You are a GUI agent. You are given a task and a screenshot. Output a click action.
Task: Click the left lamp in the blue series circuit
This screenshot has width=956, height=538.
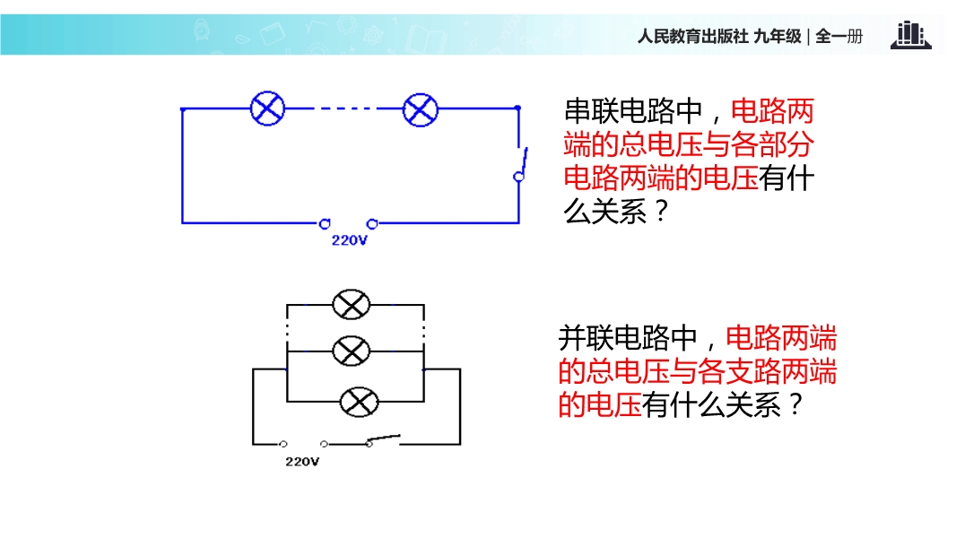coord(267,109)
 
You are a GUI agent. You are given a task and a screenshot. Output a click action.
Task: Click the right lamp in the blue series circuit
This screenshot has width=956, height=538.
coord(421,109)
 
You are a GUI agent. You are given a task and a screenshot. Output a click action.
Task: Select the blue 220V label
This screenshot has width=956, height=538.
coord(350,240)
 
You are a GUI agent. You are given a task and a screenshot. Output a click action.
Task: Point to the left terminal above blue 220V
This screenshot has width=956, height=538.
coord(325,224)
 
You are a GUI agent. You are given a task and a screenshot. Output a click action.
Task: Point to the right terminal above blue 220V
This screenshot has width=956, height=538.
coord(372,224)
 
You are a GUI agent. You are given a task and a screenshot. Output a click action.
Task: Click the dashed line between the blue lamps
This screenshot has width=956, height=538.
coord(344,109)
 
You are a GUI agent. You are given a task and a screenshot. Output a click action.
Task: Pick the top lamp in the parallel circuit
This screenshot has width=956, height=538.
coord(352,304)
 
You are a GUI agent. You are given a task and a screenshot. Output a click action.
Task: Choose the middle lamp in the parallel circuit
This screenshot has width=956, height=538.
coord(352,351)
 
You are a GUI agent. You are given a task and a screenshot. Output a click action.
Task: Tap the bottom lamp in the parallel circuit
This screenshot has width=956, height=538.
coord(359,402)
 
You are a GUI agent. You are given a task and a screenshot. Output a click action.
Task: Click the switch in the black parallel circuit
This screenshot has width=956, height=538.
coord(383,440)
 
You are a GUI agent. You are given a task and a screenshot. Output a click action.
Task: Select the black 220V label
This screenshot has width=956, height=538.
coord(302,462)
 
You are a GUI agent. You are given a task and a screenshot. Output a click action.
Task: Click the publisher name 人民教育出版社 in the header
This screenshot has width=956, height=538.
coord(692,37)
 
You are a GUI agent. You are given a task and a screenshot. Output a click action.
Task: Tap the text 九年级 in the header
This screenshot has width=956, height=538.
coord(778,37)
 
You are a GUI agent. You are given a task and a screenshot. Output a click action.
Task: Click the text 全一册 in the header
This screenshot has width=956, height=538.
coord(839,37)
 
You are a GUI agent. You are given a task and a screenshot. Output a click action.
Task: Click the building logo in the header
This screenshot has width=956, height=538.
coord(911,35)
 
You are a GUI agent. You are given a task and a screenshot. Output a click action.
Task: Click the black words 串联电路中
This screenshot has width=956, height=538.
coord(633,111)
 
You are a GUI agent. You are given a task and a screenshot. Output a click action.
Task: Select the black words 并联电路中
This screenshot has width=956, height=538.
coord(628,337)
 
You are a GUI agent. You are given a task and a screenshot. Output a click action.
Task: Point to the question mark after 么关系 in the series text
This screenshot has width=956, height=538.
coord(661,212)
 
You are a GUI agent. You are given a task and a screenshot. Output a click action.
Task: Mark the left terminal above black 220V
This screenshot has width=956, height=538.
coord(282,444)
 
